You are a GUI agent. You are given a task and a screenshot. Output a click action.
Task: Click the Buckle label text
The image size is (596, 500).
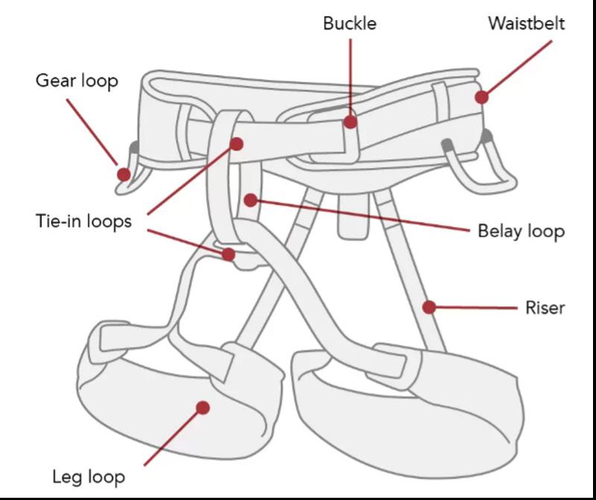point(349,23)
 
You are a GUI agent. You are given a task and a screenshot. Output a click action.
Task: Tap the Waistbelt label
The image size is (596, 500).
point(526,23)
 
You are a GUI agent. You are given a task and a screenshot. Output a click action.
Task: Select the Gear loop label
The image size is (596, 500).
point(77,80)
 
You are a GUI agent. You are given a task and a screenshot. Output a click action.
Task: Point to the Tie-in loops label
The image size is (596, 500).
point(83,221)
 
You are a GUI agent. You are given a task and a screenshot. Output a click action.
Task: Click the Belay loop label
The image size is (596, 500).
point(521,231)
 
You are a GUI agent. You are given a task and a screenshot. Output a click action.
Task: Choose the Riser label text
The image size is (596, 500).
point(545,306)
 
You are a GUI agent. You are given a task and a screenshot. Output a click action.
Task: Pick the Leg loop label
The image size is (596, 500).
point(89,475)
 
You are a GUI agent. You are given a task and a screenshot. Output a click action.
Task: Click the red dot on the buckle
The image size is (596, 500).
point(350,122)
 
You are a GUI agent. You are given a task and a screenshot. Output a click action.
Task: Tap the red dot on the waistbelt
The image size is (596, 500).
point(482,97)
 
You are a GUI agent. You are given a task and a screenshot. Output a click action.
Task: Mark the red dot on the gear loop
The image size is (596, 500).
point(124,174)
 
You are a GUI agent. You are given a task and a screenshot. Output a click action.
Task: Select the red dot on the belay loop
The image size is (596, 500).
point(250,200)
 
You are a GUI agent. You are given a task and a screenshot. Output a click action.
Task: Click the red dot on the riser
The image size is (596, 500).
point(429,306)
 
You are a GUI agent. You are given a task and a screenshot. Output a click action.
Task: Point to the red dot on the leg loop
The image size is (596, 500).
point(202,407)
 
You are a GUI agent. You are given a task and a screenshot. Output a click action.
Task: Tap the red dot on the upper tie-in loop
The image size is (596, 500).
point(237,143)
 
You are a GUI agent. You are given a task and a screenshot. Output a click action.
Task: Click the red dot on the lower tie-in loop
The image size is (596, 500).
point(229,255)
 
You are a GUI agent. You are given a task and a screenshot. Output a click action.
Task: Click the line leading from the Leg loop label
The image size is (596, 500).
point(171,436)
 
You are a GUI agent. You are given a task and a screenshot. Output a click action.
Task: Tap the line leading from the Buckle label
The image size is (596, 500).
point(350,75)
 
